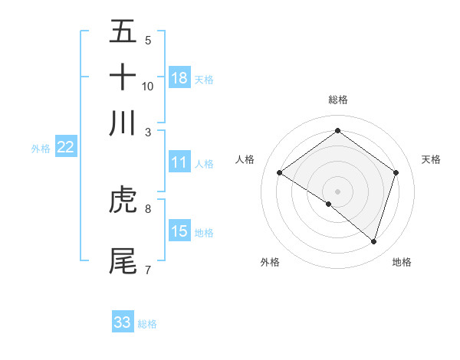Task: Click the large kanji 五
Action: (x=123, y=32)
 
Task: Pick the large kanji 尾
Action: (x=123, y=261)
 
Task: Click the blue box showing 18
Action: (x=179, y=78)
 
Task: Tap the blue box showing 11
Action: (x=179, y=162)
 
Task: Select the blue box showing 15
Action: (x=179, y=231)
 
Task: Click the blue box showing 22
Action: (x=65, y=147)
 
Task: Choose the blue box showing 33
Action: (x=123, y=322)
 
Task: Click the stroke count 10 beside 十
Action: (x=148, y=86)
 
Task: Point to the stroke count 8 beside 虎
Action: (x=148, y=208)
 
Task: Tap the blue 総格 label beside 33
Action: (x=147, y=324)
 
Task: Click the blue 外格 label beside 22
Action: (x=41, y=149)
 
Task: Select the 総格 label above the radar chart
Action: (x=337, y=100)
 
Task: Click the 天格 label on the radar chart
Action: (x=431, y=159)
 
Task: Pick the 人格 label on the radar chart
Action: (x=245, y=159)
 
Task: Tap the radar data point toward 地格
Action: (x=373, y=241)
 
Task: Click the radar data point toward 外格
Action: (x=329, y=204)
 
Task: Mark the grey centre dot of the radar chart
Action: (x=337, y=191)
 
